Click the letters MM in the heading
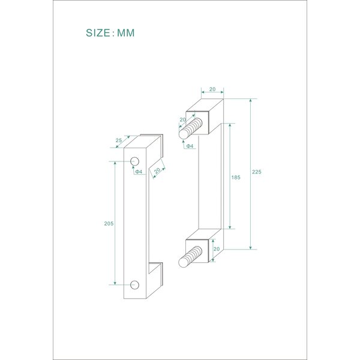[125, 33]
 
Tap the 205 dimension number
[109, 223]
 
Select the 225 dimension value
[257, 172]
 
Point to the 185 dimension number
[235, 178]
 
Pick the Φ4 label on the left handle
[138, 172]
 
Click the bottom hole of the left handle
[134, 284]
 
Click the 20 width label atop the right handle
[212, 89]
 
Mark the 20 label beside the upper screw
[183, 120]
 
